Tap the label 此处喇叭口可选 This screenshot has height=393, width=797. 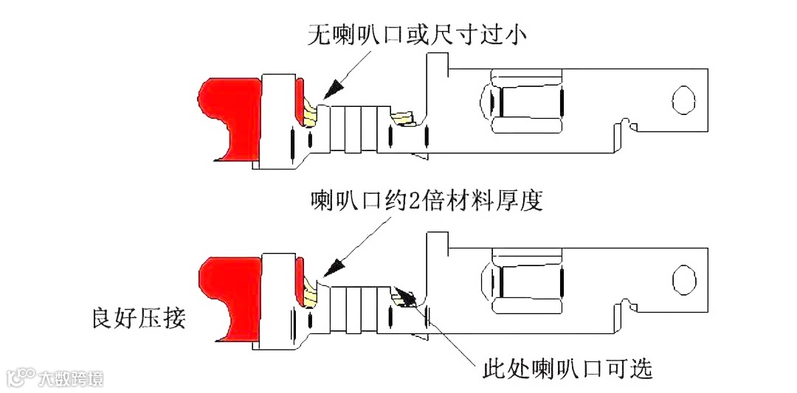(x=567, y=368)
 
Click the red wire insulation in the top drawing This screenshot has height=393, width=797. (x=225, y=118)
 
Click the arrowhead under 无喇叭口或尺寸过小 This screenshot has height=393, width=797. (x=331, y=88)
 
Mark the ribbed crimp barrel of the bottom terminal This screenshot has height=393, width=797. (x=359, y=307)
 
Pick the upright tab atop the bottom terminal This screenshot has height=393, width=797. (x=439, y=243)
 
